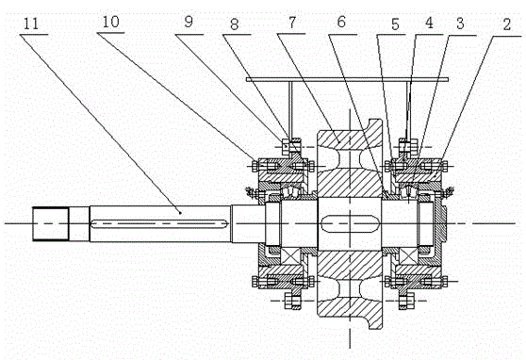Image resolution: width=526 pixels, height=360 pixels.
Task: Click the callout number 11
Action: coord(31,24)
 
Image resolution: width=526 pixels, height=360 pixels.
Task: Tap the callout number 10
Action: coord(110,22)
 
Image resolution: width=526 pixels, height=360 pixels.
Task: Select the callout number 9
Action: coord(189,22)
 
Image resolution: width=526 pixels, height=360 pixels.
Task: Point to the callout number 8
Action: coord(234,24)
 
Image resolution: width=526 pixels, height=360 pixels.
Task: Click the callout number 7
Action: coord(292,23)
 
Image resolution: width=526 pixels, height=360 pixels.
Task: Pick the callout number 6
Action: coord(341,22)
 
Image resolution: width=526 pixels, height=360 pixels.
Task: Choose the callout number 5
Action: coord(395,25)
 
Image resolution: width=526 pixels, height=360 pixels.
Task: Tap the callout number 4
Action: coord(429,23)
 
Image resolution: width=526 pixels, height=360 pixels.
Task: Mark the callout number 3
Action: coord(460,24)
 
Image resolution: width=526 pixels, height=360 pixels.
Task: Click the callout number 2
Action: coord(506,25)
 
